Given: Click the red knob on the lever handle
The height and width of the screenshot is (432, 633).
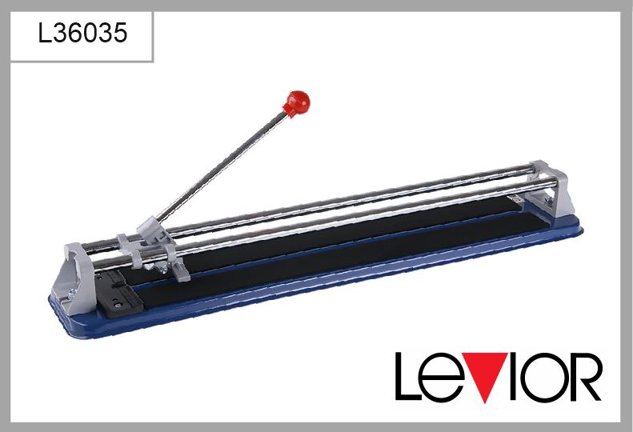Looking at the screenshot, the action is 298,102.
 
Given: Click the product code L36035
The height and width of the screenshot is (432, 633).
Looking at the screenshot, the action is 82,33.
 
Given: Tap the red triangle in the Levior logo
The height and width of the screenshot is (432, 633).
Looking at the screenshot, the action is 484,375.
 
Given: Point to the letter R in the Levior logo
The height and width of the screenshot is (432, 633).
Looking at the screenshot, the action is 586,376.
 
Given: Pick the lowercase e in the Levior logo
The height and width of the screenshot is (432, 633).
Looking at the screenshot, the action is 442,382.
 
